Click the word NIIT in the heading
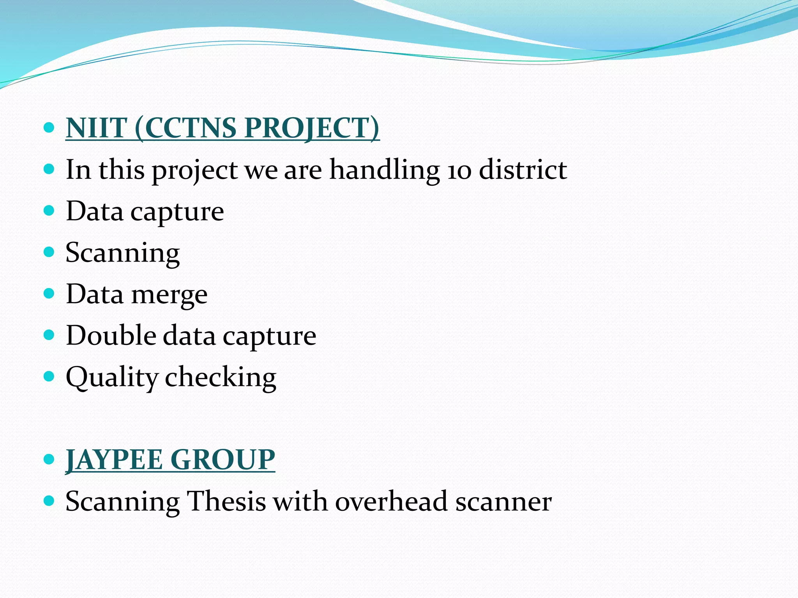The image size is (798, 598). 96,128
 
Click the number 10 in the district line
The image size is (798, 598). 459,171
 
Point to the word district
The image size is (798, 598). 523,170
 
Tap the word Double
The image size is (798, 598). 111,336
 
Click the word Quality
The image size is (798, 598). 112,378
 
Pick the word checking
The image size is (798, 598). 221,377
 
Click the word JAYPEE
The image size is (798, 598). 114,460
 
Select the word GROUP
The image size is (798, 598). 222,460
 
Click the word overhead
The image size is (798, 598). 391,501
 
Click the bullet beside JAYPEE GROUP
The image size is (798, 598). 49,459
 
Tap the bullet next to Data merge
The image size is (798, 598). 49,293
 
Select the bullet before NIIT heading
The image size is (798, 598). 49,127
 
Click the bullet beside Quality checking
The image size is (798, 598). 49,376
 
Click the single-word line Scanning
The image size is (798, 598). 122,253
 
